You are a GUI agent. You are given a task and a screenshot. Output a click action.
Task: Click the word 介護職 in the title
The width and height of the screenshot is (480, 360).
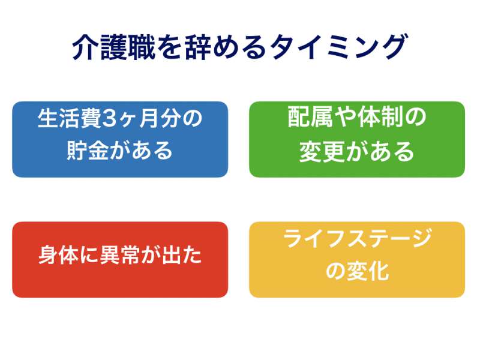(x=113, y=47)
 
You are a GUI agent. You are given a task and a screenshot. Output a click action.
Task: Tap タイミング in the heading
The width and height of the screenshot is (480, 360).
(x=339, y=47)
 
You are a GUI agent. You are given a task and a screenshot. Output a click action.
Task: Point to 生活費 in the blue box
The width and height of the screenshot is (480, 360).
(x=70, y=119)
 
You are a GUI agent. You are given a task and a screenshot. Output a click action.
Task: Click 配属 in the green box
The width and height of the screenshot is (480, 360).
(x=310, y=117)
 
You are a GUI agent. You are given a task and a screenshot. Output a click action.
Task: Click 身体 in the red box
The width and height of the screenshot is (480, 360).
(x=59, y=254)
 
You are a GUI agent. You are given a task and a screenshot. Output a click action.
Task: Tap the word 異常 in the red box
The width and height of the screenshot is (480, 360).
(x=121, y=254)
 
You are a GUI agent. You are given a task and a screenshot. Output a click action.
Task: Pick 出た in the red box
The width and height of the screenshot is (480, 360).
(x=182, y=254)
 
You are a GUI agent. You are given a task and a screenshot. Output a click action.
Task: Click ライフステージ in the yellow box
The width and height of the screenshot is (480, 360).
(x=357, y=238)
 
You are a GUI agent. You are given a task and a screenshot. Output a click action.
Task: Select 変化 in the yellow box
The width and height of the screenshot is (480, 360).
(x=368, y=271)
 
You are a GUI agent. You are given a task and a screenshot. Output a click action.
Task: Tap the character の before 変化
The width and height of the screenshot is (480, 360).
(x=335, y=271)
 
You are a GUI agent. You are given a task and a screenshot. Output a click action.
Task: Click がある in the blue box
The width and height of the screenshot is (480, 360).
(x=142, y=151)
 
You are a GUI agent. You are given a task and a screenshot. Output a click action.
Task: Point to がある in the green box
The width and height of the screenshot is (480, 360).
(x=379, y=152)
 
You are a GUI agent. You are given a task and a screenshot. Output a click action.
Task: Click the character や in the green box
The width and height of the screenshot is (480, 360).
(x=346, y=117)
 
